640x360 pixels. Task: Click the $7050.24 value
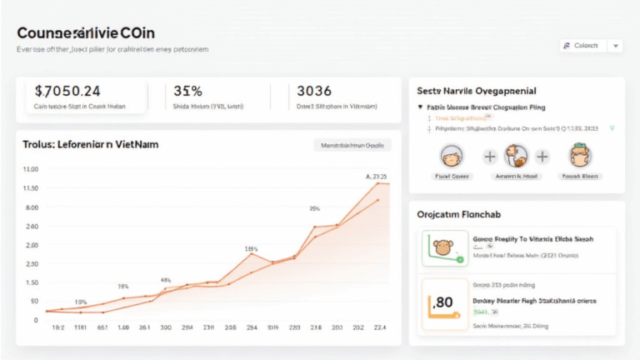(x=67, y=90)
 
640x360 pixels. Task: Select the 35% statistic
(x=187, y=90)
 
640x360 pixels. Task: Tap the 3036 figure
(x=314, y=90)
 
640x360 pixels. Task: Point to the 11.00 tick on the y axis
(x=30, y=188)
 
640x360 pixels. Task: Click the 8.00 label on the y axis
(x=32, y=207)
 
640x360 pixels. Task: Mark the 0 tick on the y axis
(x=35, y=320)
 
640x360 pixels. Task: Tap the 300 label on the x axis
(x=165, y=328)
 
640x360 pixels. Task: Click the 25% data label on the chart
(x=315, y=208)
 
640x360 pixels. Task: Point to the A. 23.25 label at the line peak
(x=377, y=177)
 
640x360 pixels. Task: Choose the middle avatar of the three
(x=516, y=156)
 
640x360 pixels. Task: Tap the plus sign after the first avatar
(x=489, y=156)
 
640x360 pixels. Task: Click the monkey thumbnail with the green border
(x=443, y=248)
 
